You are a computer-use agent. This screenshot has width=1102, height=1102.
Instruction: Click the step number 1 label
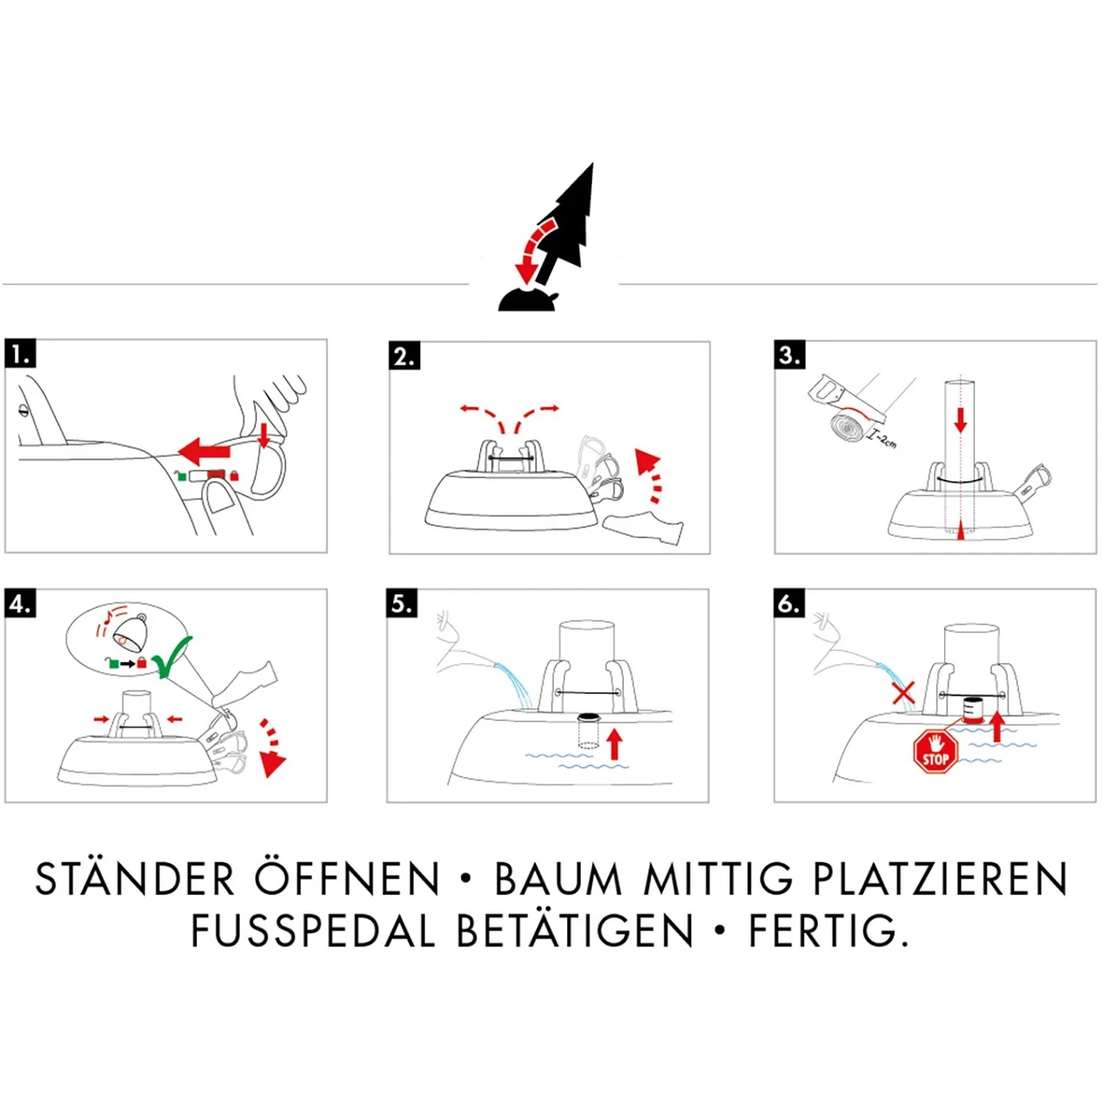point(20,353)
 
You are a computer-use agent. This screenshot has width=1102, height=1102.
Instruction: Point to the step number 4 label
point(20,603)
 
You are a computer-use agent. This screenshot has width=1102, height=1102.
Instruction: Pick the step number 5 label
point(402,603)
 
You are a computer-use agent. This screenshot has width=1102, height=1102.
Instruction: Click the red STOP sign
point(935,752)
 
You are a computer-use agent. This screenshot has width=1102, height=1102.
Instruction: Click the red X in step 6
point(903,692)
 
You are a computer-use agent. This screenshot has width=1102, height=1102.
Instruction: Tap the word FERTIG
point(829,931)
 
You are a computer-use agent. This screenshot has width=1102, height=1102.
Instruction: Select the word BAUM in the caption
point(558,879)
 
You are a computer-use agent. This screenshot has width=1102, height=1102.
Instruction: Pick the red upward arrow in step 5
point(615,743)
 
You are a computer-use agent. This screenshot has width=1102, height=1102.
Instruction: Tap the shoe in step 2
point(643,525)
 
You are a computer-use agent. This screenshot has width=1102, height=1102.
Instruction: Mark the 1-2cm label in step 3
point(882,439)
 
